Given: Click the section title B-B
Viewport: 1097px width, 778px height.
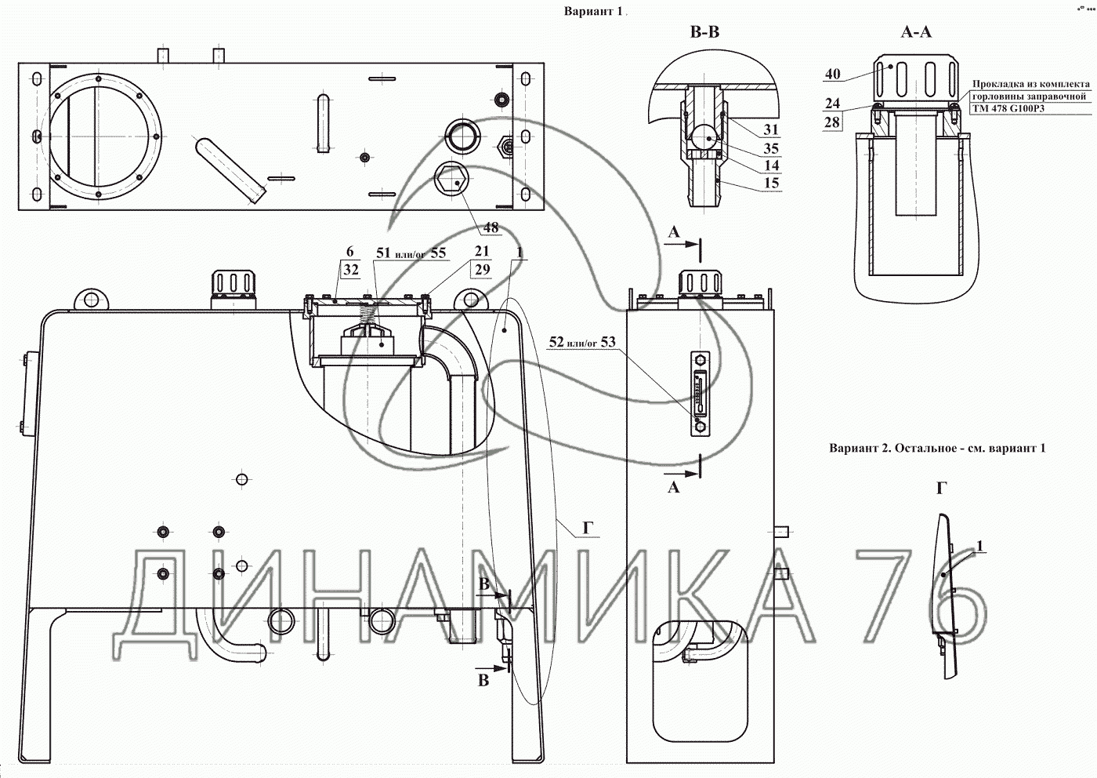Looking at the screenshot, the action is coord(704,32).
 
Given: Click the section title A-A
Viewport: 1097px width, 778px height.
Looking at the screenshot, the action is coord(916,32).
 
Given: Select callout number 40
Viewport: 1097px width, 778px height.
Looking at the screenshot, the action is coord(832,74).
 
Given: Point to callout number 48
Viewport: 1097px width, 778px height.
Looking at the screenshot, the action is coord(491,227).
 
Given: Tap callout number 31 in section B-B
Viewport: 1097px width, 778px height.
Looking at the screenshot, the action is coord(771,129).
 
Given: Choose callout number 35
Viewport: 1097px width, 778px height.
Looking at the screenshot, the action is coord(771,148).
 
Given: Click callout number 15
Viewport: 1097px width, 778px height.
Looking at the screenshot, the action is coord(771,184).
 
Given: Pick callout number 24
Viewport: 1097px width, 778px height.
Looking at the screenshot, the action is coord(832,104).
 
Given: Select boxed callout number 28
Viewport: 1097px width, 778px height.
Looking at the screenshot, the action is coord(832,122).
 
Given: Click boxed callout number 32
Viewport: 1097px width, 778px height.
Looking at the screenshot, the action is coord(351,270).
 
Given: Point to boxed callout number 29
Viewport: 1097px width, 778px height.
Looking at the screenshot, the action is coord(483,270).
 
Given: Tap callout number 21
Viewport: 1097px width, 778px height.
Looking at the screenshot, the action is coord(482,251).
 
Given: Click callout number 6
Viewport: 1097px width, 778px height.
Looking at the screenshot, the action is coord(349,252).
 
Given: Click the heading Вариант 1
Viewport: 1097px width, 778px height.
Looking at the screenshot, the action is coord(593,11).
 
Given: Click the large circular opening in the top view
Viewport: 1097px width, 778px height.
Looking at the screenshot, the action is coord(97,136).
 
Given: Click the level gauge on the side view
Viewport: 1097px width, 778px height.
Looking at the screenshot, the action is coord(699,393).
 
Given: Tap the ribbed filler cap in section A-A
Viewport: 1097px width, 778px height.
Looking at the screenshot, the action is coord(916,79).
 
